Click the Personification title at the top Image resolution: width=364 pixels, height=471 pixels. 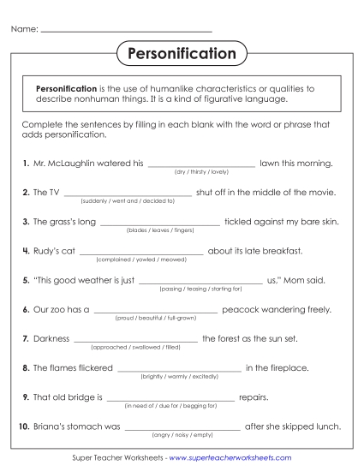(182, 55)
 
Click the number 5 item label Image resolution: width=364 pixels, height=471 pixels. (25, 280)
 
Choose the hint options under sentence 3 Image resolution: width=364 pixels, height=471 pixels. (161, 230)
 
